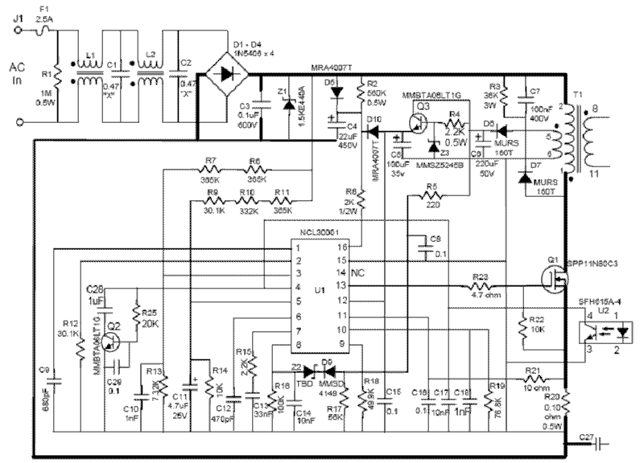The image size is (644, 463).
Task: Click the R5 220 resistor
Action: [432, 195]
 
